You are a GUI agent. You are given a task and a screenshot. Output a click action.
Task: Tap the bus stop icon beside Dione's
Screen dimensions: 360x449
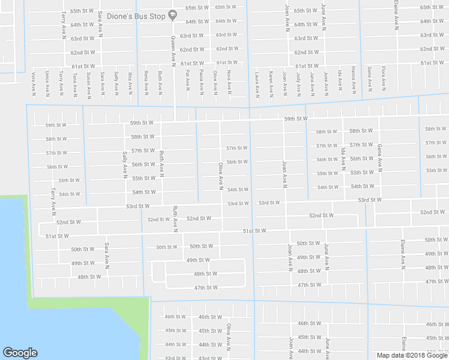(173, 15)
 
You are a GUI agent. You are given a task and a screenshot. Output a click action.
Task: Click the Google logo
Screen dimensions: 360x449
(20, 353)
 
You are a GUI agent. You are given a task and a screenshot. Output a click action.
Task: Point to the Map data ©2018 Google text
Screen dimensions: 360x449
(412, 355)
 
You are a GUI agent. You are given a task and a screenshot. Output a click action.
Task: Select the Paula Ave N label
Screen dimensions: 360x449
(201, 82)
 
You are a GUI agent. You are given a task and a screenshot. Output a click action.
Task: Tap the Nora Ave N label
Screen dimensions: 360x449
(229, 82)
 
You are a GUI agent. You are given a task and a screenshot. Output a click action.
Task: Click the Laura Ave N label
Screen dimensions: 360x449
(256, 83)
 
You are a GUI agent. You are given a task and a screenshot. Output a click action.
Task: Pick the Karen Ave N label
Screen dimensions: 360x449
(271, 83)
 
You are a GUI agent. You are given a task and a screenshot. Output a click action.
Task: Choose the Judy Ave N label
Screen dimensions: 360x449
(298, 83)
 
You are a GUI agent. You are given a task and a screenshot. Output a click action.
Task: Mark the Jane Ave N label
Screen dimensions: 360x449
(312, 83)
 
